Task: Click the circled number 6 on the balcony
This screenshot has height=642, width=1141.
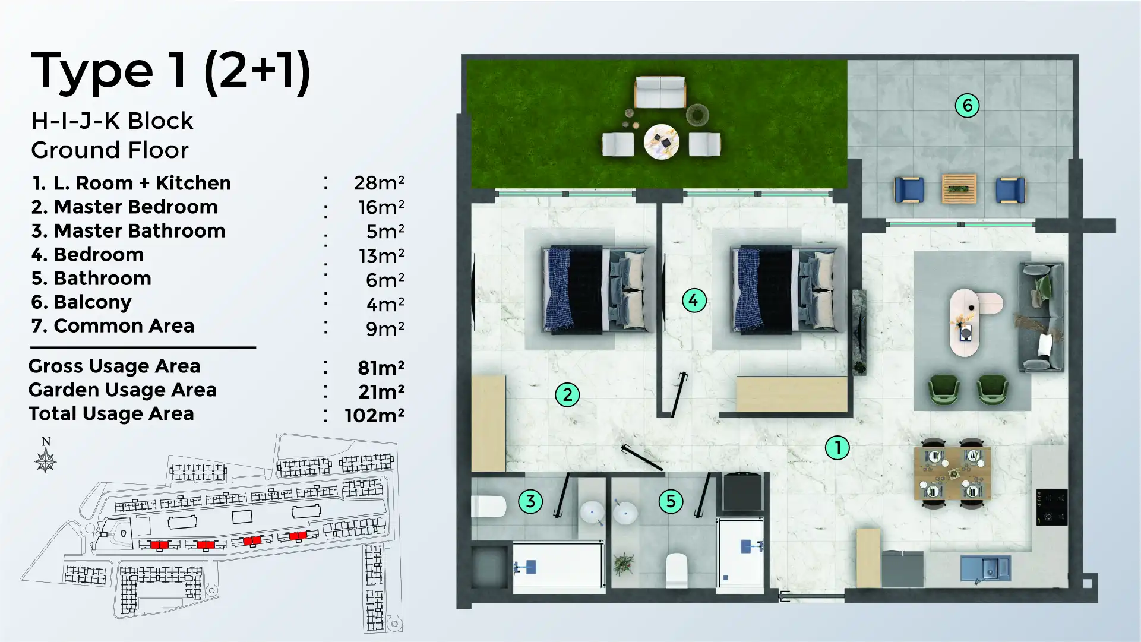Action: pyautogui.click(x=967, y=106)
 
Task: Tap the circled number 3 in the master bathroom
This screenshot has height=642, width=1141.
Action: pyautogui.click(x=530, y=501)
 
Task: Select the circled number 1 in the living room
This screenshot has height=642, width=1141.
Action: pyautogui.click(x=837, y=448)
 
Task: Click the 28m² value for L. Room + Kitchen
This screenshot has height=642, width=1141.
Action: pyautogui.click(x=379, y=183)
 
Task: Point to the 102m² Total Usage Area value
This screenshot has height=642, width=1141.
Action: pyautogui.click(x=374, y=415)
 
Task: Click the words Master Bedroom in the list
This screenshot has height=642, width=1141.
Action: pyautogui.click(x=135, y=207)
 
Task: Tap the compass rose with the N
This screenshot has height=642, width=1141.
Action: pyautogui.click(x=46, y=460)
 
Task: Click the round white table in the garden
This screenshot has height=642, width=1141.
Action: pyautogui.click(x=661, y=141)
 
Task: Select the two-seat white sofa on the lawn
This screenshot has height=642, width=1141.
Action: pyautogui.click(x=660, y=92)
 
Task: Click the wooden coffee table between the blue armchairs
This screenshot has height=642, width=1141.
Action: pyautogui.click(x=959, y=189)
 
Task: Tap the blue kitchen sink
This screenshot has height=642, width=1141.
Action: pyautogui.click(x=985, y=568)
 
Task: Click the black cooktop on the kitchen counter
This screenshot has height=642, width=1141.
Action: pyautogui.click(x=1052, y=507)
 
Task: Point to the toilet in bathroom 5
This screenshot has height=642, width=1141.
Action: pyautogui.click(x=677, y=569)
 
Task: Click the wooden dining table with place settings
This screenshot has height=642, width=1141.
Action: pyautogui.click(x=953, y=474)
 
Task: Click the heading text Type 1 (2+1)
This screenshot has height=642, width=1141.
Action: pyautogui.click(x=170, y=71)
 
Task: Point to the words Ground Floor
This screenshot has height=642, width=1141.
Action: pyautogui.click(x=110, y=150)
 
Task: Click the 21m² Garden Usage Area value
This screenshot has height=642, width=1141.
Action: pyautogui.click(x=381, y=391)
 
